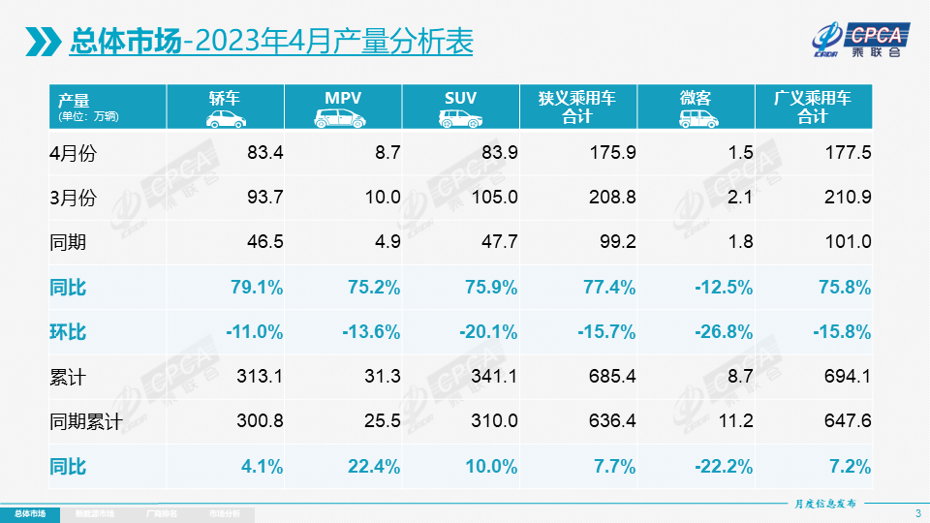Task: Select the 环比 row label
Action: tap(68, 332)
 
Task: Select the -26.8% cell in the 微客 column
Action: tap(724, 332)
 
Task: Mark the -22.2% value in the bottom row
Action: tap(724, 467)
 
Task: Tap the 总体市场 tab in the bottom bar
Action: tap(29, 513)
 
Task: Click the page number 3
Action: tap(917, 512)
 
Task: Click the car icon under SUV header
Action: tap(460, 119)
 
